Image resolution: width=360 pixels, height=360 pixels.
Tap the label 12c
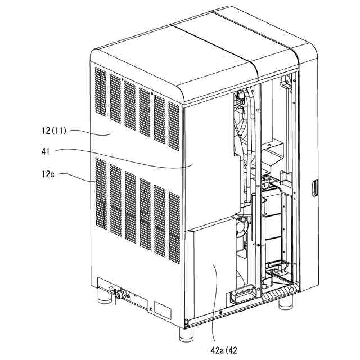[x=48, y=175]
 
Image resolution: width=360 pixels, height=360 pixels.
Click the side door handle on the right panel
[x=315, y=186]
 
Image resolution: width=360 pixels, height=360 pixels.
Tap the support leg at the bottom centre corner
[x=186, y=333]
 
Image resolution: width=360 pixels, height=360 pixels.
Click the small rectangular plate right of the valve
[x=162, y=309]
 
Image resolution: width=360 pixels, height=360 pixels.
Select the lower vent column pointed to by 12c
[x=101, y=194]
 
